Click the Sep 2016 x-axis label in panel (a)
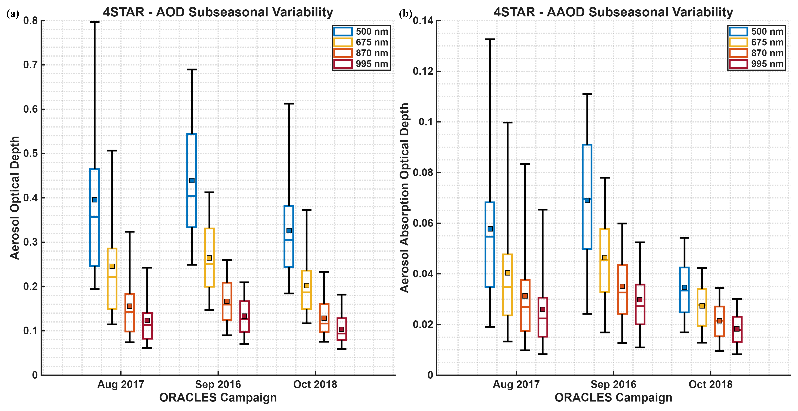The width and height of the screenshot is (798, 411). click(x=218, y=384)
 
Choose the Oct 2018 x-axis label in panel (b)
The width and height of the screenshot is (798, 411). click(x=711, y=384)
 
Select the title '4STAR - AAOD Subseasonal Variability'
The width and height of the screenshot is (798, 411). click(x=613, y=12)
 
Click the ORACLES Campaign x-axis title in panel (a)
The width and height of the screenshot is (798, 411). click(x=218, y=398)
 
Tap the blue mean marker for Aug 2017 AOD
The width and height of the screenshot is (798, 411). click(x=95, y=200)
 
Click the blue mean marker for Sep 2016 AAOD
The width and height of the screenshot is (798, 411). click(x=587, y=200)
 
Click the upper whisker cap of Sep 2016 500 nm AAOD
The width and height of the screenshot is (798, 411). click(x=587, y=94)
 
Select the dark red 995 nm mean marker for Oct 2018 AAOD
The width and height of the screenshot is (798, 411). click(x=737, y=329)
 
